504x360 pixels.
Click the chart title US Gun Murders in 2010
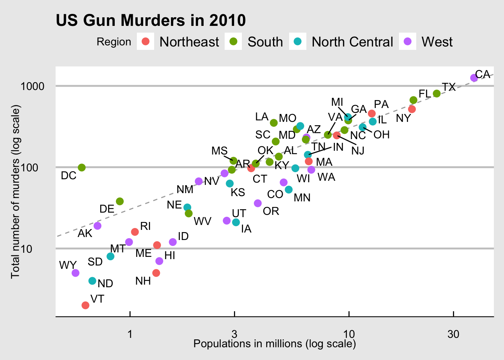(151, 21)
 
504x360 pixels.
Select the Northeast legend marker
(145, 41)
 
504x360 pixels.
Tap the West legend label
(437, 42)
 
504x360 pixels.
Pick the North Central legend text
(352, 42)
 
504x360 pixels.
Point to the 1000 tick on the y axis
(32, 86)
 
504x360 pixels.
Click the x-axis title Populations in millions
(274, 344)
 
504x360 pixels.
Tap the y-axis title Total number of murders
(15, 192)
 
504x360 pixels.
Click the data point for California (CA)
(474, 78)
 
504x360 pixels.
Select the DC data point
(82, 167)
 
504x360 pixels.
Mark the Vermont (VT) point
(85, 305)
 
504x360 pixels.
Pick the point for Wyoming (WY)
(75, 273)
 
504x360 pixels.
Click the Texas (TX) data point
(436, 93)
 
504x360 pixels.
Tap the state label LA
(262, 117)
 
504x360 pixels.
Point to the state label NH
(143, 281)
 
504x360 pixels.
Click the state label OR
(271, 211)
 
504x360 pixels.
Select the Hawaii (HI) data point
(159, 261)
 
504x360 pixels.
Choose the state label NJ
(358, 151)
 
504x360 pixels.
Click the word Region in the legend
(114, 42)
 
